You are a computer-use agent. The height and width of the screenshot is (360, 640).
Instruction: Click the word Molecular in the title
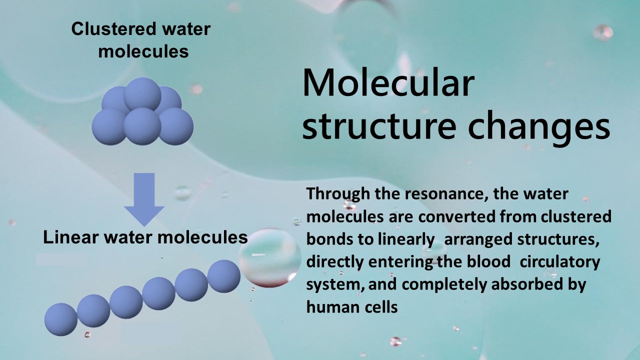point(388,83)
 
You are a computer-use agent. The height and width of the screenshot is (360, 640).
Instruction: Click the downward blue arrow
point(144,199)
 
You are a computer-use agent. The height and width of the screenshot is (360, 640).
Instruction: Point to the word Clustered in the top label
point(114,29)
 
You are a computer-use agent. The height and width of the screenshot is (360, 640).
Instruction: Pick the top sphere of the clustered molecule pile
point(142,93)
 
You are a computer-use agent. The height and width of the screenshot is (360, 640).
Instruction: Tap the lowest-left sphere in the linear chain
point(61,319)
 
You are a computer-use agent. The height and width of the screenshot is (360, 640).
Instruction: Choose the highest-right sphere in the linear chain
point(223,276)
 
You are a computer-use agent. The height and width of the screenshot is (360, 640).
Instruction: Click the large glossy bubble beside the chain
point(269,257)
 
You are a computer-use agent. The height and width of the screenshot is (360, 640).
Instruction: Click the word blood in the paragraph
point(488,261)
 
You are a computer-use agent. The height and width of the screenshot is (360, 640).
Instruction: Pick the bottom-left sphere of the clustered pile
point(109,126)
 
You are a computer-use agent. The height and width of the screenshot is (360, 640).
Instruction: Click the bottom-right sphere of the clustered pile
point(175,126)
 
